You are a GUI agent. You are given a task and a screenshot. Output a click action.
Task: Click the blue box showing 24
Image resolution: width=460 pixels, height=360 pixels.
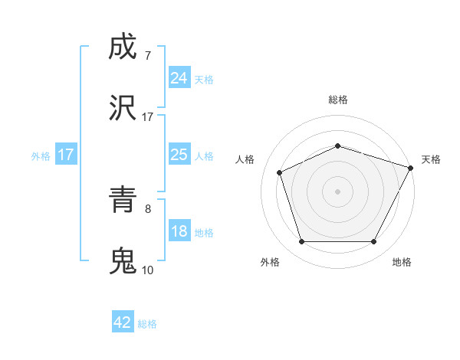[x=179, y=77]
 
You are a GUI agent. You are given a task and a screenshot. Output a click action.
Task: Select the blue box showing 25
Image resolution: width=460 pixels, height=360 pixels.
[x=179, y=155]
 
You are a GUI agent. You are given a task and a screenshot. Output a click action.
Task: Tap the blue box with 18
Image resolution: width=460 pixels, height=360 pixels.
[x=179, y=231]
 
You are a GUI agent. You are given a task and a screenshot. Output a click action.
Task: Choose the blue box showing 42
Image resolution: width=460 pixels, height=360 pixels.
[x=123, y=322]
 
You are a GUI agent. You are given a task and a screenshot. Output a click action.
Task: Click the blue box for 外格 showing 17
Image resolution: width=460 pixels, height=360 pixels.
[x=65, y=155]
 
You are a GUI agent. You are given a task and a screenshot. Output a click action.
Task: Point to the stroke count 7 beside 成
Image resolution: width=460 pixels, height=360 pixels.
[x=147, y=55]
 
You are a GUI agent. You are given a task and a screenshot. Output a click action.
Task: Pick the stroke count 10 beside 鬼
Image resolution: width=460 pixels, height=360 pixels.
[x=147, y=270]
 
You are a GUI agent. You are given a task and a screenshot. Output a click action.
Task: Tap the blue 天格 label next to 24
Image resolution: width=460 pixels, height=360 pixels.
[x=204, y=79]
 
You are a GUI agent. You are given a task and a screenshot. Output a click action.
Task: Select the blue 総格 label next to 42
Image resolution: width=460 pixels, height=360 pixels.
[x=147, y=324]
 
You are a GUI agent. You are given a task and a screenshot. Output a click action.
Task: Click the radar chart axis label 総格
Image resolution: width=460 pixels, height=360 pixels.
[x=338, y=100]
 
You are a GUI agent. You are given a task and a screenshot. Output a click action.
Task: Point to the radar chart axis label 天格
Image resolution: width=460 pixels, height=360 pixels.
[x=431, y=159]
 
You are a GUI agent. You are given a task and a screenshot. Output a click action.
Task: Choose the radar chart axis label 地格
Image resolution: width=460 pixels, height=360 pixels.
[x=402, y=263]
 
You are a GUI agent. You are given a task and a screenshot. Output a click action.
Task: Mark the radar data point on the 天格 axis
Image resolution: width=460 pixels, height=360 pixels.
[x=412, y=167]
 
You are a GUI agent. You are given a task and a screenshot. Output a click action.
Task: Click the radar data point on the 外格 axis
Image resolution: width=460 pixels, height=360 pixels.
[x=302, y=242]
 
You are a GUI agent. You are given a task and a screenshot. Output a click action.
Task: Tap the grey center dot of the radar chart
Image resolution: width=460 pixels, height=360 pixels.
[x=338, y=191]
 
